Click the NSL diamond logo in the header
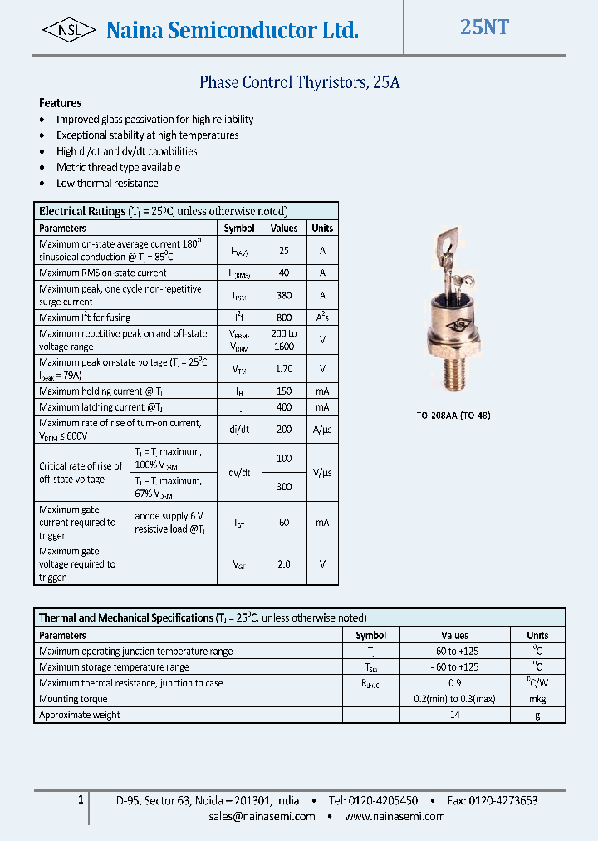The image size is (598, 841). point(70,30)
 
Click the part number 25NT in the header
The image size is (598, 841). point(484,27)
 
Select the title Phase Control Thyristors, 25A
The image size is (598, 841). point(300,82)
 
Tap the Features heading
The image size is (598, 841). point(60,103)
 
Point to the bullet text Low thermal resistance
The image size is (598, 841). point(107,183)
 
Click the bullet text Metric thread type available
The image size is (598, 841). point(118,167)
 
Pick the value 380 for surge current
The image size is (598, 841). point(284,295)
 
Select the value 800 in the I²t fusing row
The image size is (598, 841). point(284,317)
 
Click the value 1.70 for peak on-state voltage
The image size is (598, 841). point(284,368)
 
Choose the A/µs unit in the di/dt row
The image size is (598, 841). point(321,430)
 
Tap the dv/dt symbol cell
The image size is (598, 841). point(239,472)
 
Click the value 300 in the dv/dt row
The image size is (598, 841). point(284,487)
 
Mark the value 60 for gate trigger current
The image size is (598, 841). point(284,523)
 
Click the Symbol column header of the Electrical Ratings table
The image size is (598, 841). point(239,228)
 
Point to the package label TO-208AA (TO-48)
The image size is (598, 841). point(453,415)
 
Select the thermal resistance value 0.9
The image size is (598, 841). point(454,683)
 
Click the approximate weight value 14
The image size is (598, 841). point(454,715)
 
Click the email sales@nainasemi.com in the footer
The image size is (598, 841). point(262,816)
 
